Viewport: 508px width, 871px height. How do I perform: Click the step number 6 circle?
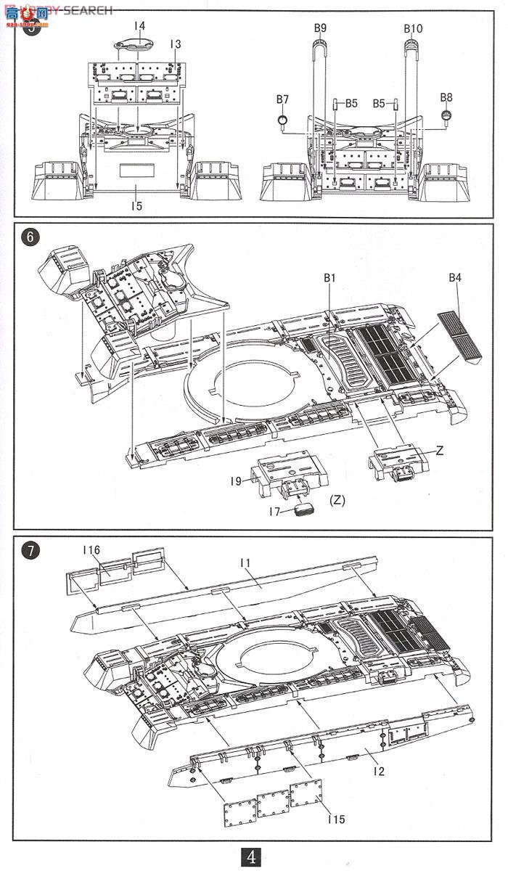tap(29, 237)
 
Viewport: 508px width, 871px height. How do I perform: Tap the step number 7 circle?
tap(30, 551)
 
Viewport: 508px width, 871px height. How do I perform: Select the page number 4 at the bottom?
tap(252, 857)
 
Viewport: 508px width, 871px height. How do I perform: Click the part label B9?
tap(320, 28)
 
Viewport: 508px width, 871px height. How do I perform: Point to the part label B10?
tap(413, 28)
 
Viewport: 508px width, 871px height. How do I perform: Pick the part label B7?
tap(282, 99)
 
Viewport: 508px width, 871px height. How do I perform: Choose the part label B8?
tap(446, 97)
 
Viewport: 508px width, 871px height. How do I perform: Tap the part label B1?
tap(330, 277)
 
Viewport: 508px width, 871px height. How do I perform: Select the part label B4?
tap(455, 277)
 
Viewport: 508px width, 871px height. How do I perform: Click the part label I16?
tap(91, 552)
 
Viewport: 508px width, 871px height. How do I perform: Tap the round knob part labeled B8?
tap(447, 114)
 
